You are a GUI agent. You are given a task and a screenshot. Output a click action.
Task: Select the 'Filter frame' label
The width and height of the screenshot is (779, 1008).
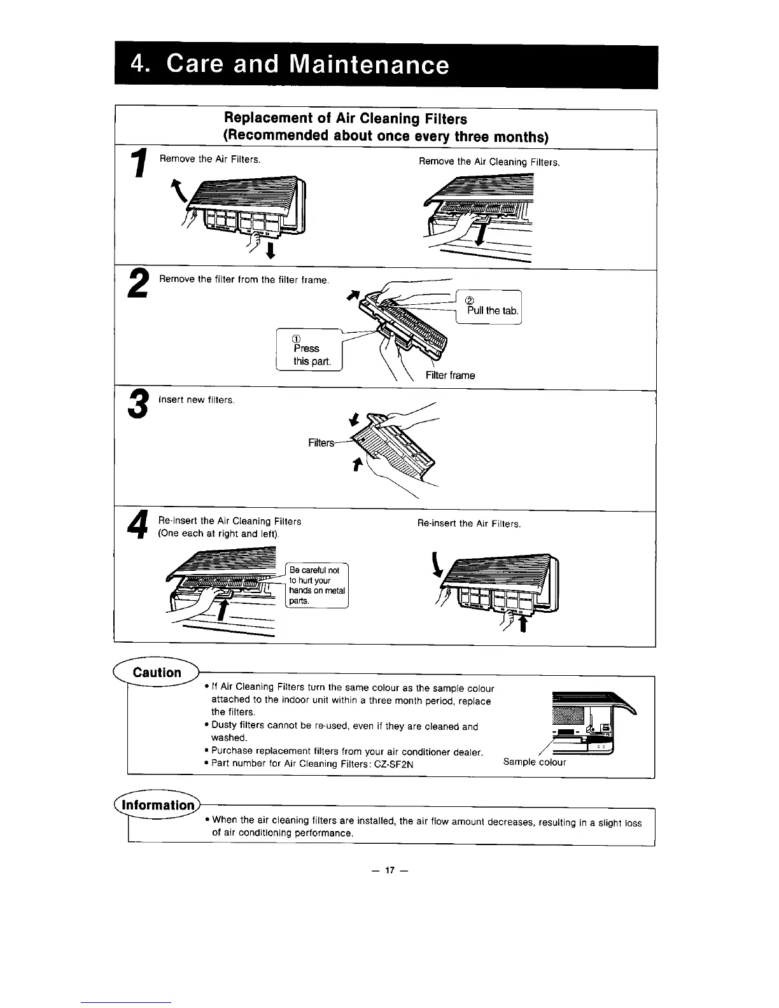(450, 375)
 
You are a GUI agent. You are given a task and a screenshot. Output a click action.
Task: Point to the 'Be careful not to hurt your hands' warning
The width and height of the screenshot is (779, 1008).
(316, 585)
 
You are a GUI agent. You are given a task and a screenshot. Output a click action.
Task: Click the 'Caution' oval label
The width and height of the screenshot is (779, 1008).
(157, 673)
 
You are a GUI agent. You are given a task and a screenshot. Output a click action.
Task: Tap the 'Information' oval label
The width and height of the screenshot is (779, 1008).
(158, 805)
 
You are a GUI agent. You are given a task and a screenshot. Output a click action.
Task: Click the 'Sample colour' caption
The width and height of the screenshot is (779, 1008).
(534, 762)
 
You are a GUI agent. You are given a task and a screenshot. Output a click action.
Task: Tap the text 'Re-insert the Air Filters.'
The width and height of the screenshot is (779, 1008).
(469, 524)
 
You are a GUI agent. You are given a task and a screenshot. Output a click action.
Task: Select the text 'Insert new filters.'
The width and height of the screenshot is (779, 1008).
(196, 400)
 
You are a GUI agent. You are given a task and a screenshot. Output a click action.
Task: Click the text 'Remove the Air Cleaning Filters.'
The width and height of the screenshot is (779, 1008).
(489, 162)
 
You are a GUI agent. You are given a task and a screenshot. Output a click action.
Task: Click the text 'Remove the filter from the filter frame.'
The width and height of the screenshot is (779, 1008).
(243, 279)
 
